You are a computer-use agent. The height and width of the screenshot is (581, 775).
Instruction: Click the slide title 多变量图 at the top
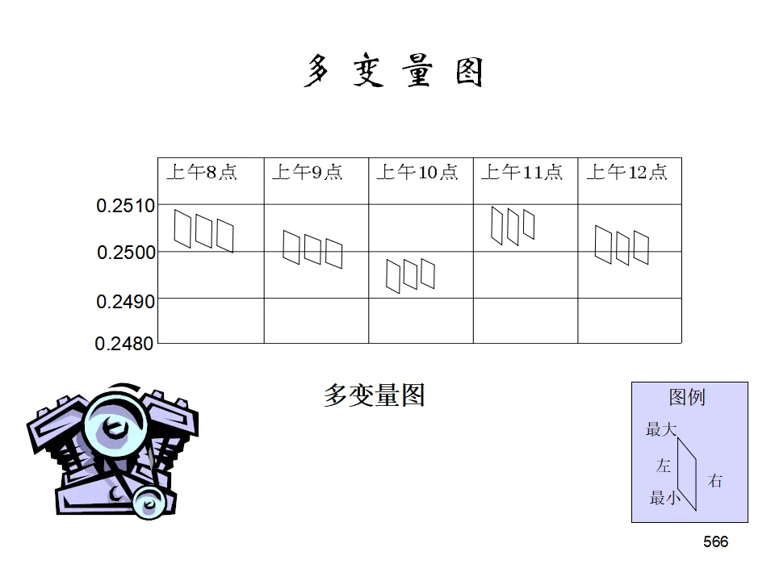[x=394, y=72]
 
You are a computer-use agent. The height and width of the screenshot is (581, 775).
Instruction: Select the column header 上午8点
[x=202, y=173]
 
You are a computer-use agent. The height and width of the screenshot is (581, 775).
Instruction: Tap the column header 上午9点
[x=307, y=173]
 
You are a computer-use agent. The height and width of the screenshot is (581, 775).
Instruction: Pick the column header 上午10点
[x=417, y=173]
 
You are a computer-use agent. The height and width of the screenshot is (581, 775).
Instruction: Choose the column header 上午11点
[x=522, y=173]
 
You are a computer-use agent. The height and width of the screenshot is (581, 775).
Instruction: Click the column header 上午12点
[x=626, y=173]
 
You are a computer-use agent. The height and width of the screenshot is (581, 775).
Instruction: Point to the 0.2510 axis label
[x=125, y=207]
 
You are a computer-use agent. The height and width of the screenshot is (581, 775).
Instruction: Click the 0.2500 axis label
[x=126, y=253]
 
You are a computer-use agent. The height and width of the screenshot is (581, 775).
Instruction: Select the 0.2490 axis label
[x=125, y=302]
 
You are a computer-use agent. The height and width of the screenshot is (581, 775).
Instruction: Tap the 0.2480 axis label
[x=124, y=345]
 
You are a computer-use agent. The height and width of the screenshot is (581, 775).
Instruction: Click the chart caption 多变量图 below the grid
[x=374, y=395]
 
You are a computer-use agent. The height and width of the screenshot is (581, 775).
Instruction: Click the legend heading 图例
[x=687, y=397]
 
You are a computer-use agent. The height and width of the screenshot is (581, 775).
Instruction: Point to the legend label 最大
[x=661, y=430]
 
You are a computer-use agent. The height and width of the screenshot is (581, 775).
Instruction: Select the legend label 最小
[x=665, y=499]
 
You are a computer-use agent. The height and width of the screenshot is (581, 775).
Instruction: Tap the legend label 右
[x=715, y=482]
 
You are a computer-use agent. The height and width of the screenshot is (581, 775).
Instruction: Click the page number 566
[x=715, y=542]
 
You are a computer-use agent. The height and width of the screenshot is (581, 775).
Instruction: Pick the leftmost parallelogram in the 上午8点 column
[x=183, y=229]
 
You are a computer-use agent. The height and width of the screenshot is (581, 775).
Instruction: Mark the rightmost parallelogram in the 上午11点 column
[x=529, y=225]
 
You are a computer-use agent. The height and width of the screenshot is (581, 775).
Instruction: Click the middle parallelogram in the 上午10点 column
[x=410, y=275]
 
